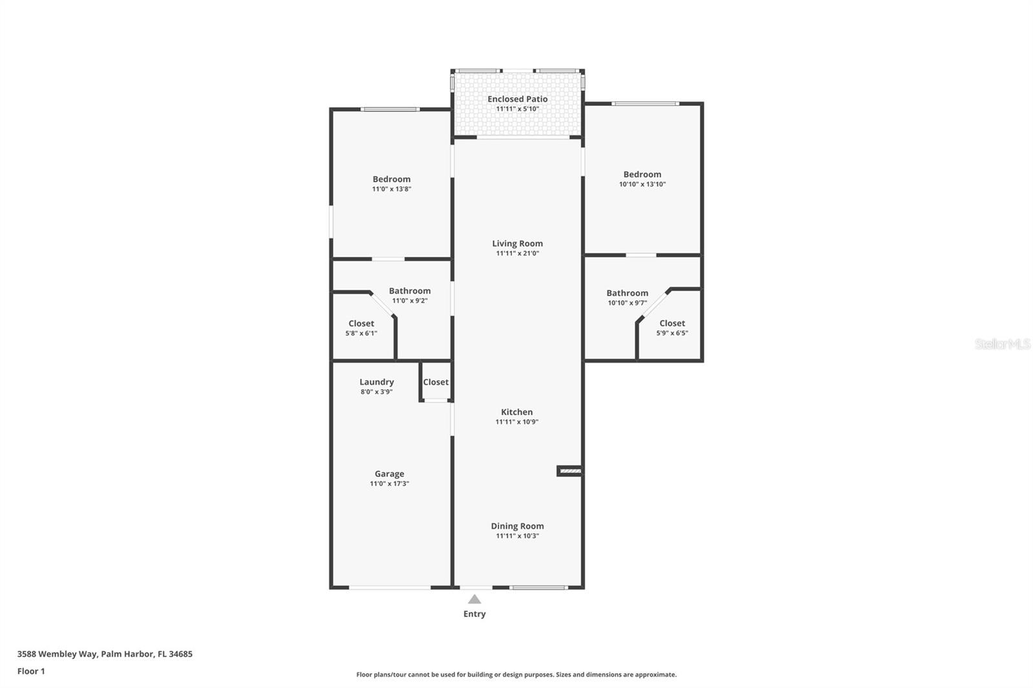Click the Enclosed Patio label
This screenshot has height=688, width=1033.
coord(517,99)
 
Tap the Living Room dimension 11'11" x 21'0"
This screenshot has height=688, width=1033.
coord(517,254)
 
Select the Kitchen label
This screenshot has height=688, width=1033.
coord(516,412)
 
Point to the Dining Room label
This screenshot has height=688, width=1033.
coord(517,526)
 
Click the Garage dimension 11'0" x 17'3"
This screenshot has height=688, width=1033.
coord(389,483)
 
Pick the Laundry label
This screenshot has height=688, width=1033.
coord(376,382)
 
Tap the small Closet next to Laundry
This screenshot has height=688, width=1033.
coord(436,382)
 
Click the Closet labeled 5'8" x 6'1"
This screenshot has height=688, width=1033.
coord(361,328)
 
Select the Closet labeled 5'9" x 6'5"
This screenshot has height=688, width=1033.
coord(672,327)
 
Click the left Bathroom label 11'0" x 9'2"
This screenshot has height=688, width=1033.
coord(409,295)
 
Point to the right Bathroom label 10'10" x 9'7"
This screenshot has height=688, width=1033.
coord(627,297)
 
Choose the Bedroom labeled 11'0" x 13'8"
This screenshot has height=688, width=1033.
coord(391,183)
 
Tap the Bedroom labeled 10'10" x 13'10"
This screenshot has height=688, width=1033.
coord(642,178)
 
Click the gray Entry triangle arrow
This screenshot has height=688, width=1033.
coord(475,599)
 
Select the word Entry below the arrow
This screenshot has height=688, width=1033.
coord(475,614)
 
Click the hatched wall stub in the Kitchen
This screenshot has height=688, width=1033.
coord(570,471)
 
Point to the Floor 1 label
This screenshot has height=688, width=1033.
coord(31,671)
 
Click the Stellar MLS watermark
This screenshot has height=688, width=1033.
coord(1002,344)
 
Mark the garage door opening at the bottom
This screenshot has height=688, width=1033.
coord(390,587)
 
